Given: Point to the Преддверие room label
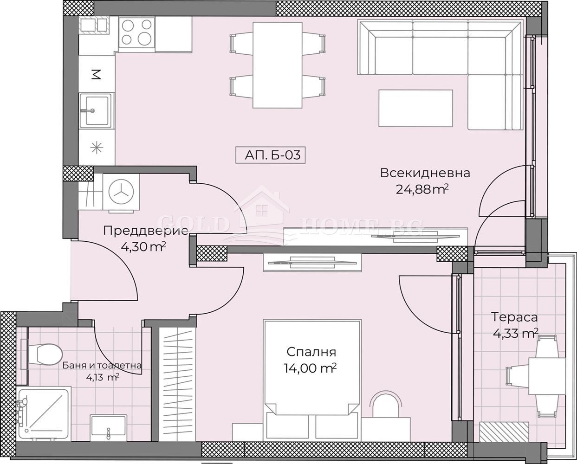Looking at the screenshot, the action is tap(146, 231).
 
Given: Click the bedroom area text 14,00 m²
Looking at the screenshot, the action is tap(310, 368).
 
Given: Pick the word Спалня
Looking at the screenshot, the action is tap(311, 352).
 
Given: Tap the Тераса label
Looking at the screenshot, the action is tap(514, 317).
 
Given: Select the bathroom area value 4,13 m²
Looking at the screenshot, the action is tap(103, 378).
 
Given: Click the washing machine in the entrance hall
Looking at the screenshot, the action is tap(122, 193).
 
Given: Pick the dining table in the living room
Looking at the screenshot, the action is tap(278, 65).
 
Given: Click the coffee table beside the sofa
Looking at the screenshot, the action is tap(415, 108).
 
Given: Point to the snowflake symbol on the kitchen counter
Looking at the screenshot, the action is tap(96, 148).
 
